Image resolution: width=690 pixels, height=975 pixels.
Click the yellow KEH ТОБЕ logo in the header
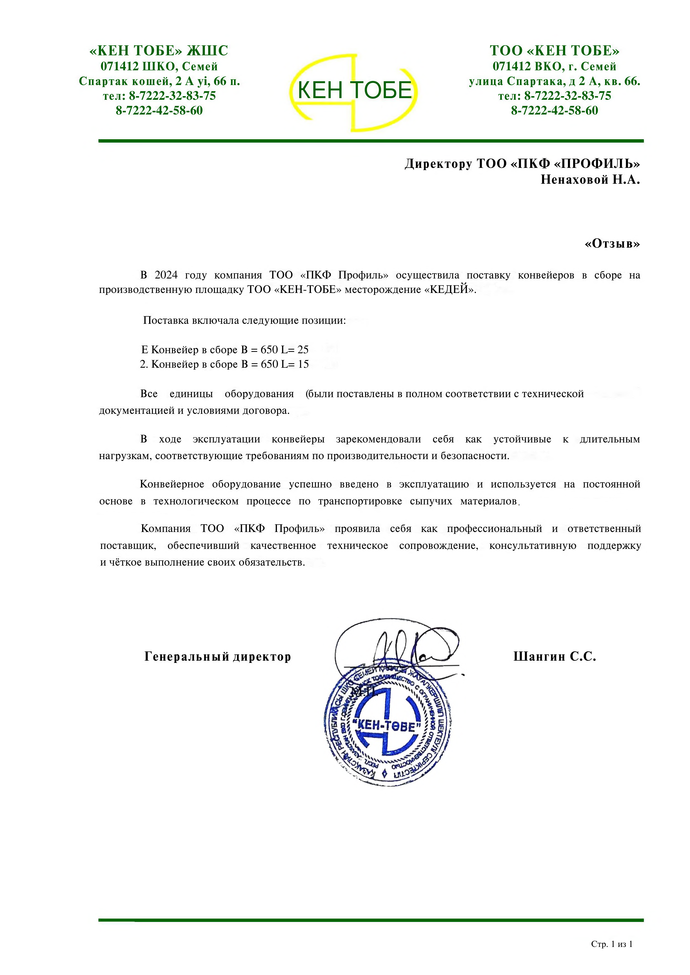coord(354,91)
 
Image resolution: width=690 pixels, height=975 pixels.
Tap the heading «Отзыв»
coord(612,244)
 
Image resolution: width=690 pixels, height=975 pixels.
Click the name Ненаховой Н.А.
coord(590,180)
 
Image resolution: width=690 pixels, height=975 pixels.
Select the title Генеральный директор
coord(218,657)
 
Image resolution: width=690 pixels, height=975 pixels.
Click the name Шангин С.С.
coord(554,657)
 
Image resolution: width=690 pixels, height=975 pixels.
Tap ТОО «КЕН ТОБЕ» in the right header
coord(554,51)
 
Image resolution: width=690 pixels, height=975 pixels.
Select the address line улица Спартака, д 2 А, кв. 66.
coord(554,81)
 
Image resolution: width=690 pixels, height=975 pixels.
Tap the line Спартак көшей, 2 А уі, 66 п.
coord(159,81)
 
